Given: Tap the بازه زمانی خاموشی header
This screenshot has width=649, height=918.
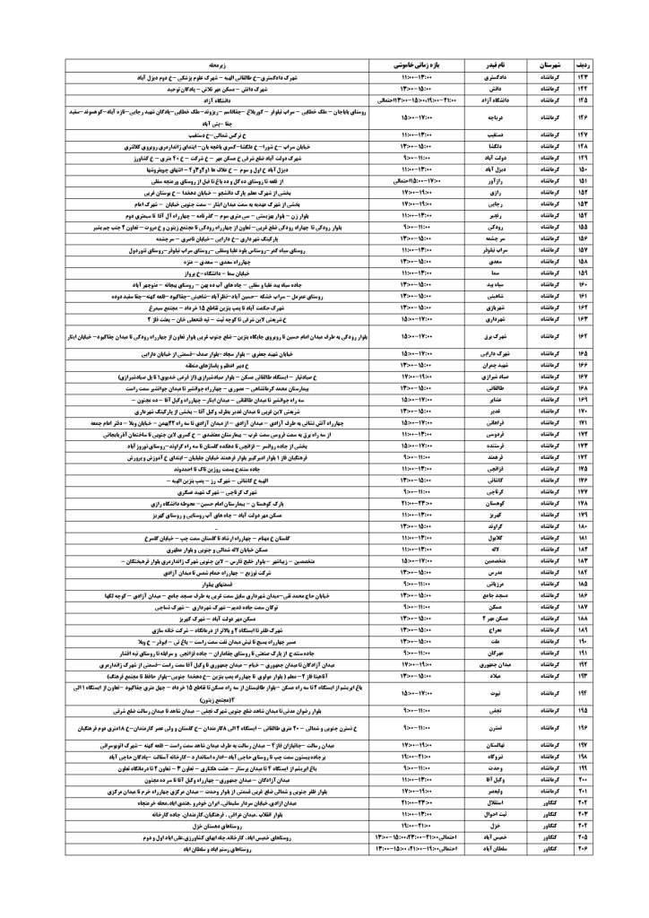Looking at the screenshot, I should (416, 66).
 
